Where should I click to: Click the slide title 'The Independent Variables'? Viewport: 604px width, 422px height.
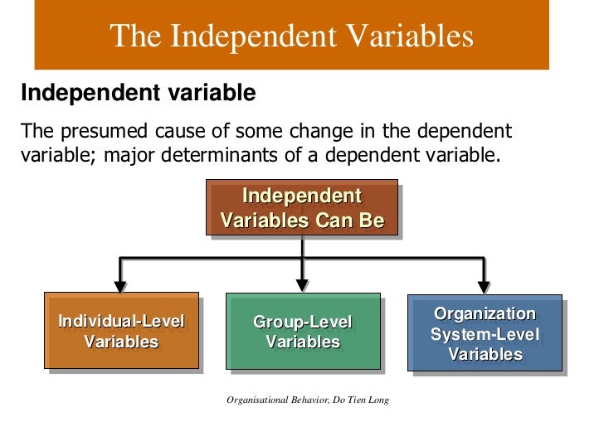click(291, 36)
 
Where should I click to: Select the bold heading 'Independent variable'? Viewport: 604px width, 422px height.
click(138, 93)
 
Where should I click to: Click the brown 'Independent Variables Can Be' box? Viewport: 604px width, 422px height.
click(302, 209)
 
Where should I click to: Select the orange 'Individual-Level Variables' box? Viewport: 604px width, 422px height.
click(121, 331)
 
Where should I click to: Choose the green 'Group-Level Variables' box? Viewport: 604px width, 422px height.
click(303, 331)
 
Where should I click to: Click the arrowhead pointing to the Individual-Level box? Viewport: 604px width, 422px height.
click(120, 285)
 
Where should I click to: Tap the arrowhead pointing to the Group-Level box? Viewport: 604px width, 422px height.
click(303, 285)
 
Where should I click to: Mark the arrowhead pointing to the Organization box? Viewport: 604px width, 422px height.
click(485, 285)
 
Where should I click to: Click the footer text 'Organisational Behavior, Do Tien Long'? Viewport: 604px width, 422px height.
click(308, 400)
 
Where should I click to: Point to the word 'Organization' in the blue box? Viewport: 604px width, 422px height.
click(485, 314)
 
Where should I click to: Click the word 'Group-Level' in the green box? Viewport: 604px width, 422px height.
click(303, 322)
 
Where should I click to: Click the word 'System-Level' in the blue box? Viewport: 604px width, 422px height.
click(485, 334)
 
